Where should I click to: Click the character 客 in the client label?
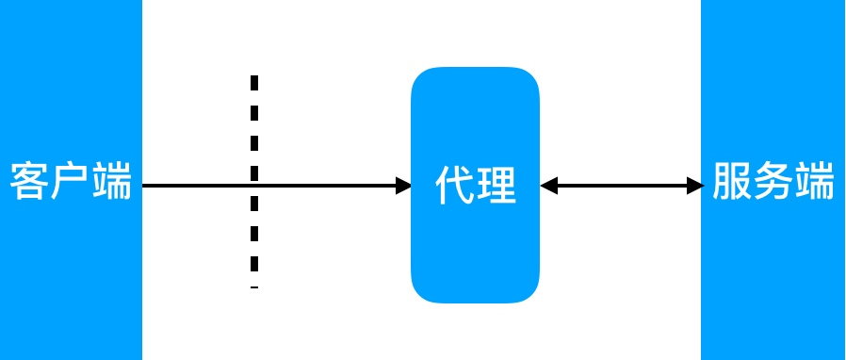[30, 181]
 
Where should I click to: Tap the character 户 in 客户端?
[71, 181]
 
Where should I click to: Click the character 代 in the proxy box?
[455, 186]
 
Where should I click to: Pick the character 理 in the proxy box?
[496, 186]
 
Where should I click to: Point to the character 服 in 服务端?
[732, 181]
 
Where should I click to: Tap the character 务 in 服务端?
[773, 181]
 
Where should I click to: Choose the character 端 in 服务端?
[815, 181]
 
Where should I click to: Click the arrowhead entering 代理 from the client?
[404, 186]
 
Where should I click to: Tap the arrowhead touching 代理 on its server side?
[549, 186]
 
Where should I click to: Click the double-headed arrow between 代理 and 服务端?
[622, 186]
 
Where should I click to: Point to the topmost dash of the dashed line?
[254, 82]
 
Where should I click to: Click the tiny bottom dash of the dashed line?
[254, 287]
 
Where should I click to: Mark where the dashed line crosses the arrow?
[254, 186]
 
